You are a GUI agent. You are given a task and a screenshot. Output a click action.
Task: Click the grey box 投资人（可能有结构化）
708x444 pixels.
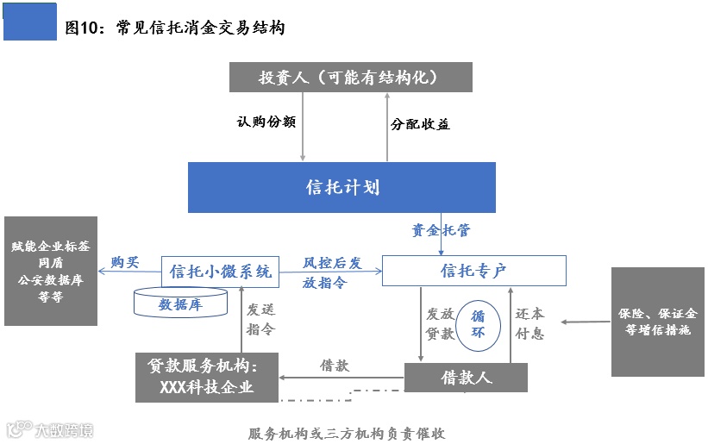[350, 77]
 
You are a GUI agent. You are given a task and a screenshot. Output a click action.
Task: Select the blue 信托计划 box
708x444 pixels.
[342, 187]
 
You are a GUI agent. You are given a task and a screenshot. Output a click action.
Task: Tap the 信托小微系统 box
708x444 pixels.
[221, 271]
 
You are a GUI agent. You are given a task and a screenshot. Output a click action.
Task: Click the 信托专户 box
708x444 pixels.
[473, 271]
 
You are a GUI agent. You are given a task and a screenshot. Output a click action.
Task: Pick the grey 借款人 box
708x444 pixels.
[466, 378]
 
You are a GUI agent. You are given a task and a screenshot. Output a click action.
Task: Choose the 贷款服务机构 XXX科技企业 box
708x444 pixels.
[207, 377]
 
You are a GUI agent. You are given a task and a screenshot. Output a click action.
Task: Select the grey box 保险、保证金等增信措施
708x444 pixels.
[658, 322]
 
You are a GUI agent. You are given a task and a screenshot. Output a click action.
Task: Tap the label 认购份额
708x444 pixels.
[266, 122]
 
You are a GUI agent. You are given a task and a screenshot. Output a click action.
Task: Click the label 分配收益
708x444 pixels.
[420, 124]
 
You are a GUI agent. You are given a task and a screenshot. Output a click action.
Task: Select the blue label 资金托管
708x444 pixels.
[441, 230]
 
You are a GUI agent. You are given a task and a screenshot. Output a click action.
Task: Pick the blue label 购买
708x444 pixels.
[124, 263]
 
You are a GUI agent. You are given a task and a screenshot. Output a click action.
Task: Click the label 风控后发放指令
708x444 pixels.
[331, 272]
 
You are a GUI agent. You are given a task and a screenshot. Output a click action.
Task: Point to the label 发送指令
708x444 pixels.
[260, 319]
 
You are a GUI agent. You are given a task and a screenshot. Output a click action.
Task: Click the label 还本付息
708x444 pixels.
[529, 323]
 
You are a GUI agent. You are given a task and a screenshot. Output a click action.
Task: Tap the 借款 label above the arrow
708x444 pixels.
[335, 365]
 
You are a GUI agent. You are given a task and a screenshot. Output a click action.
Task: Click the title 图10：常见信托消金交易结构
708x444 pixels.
[175, 28]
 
